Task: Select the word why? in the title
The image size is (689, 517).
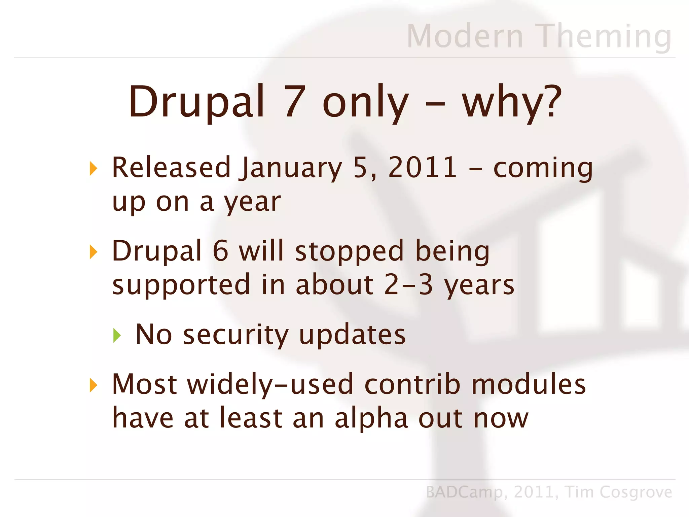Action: coord(512,102)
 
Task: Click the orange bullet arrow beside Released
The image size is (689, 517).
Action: coord(94,168)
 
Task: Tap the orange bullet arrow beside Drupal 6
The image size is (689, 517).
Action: coord(94,252)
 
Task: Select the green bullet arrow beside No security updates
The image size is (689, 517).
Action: coord(117,335)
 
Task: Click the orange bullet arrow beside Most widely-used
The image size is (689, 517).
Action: coord(94,385)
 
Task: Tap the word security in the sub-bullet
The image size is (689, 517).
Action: coord(235,335)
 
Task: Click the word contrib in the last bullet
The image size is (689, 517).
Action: coord(412,384)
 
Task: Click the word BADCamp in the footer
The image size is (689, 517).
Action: coord(464,492)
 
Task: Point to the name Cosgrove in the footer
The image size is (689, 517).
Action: coord(636,492)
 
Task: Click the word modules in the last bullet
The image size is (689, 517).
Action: coord(528,384)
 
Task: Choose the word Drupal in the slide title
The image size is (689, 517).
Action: coord(196,102)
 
